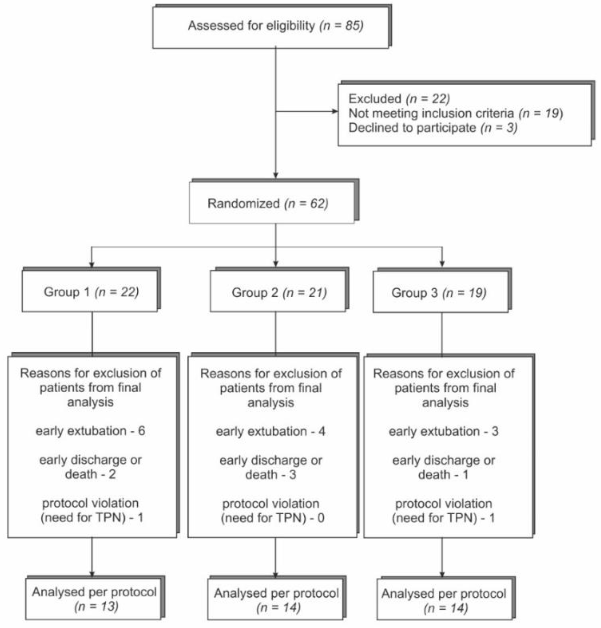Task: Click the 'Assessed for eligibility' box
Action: point(271,27)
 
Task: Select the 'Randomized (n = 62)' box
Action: point(272,203)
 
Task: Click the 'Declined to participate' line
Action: point(433,128)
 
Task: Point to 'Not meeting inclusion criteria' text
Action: point(431,113)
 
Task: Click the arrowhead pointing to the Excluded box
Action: point(335,111)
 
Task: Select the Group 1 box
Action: point(90,292)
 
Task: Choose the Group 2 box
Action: point(278,292)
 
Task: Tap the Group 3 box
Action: point(440,292)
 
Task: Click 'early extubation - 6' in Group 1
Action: point(90,431)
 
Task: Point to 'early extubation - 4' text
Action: point(271,431)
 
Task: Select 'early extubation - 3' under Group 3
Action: point(443,431)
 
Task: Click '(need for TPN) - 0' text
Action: point(272,517)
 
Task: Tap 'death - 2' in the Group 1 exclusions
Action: point(90,474)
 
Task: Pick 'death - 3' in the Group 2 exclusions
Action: point(271,474)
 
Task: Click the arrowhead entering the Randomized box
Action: point(275,175)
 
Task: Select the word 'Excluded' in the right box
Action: point(375,99)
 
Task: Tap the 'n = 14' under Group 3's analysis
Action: point(446,608)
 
